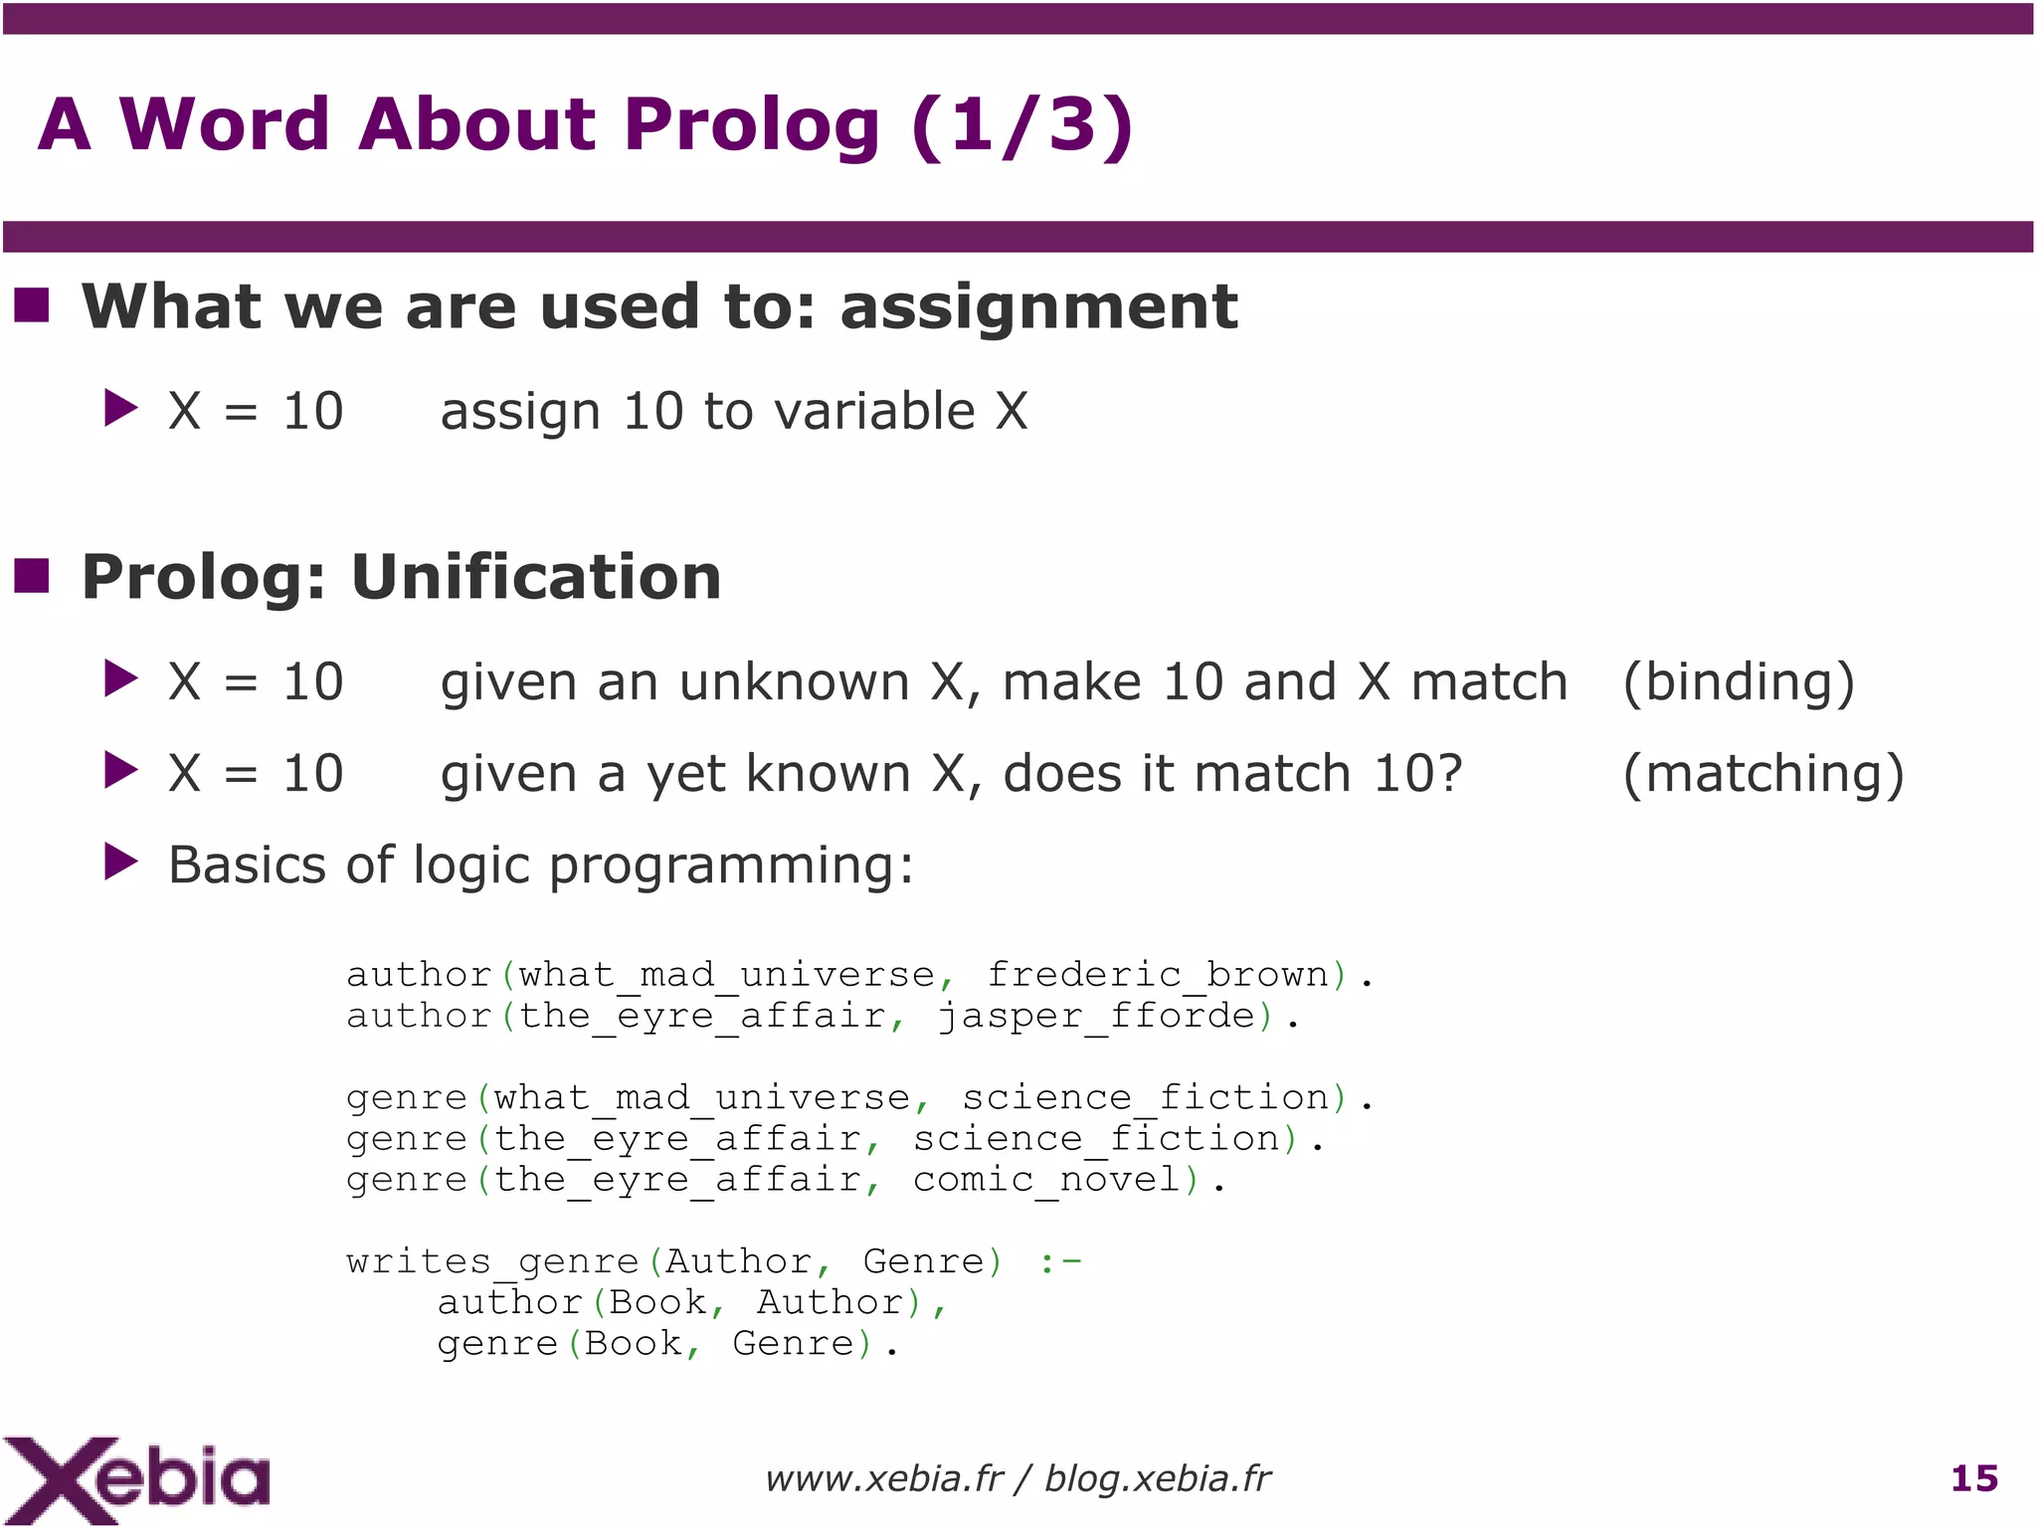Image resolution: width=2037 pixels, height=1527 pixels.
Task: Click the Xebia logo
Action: click(136, 1478)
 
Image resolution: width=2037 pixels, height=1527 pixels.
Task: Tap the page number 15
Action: click(1974, 1478)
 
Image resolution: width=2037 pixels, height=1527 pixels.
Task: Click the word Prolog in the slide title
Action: click(752, 125)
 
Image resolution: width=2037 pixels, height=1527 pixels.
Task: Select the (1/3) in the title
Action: click(1021, 125)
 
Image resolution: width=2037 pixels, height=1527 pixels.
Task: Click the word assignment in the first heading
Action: click(1038, 306)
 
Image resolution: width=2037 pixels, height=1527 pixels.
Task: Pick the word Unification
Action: click(536, 577)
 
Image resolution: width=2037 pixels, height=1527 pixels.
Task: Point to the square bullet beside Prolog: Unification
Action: click(33, 575)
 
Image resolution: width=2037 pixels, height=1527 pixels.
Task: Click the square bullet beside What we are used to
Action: click(33, 304)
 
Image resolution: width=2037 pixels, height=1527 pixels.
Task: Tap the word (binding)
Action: click(1738, 683)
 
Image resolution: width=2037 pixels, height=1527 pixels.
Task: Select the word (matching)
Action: click(1762, 775)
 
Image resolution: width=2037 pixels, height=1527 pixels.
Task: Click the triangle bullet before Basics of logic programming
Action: click(120, 862)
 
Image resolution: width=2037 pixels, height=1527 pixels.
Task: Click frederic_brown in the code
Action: click(1158, 975)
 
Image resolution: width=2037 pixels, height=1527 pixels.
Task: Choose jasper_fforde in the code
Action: click(1096, 1016)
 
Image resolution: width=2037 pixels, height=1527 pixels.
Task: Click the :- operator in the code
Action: click(1060, 1261)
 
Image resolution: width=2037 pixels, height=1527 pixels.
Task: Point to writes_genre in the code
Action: click(492, 1261)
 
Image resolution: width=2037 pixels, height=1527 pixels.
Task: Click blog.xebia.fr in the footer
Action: click(1158, 1479)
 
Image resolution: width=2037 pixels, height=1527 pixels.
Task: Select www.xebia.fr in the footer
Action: click(883, 1479)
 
